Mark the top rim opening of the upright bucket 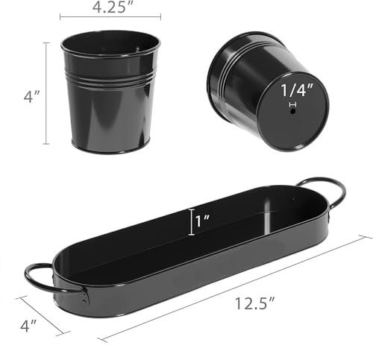[110, 42]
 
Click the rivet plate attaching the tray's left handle [84, 296]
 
